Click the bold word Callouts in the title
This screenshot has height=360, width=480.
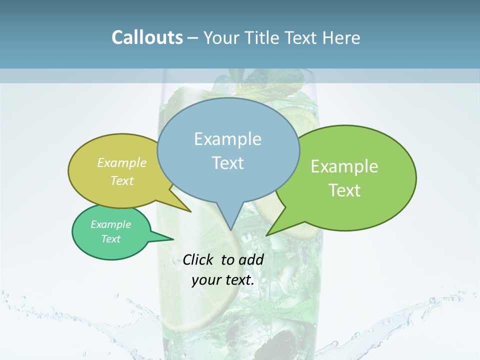(147, 37)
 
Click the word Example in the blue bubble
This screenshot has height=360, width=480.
(227, 139)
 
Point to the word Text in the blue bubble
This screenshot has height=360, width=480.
(227, 163)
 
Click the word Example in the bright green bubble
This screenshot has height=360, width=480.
(344, 166)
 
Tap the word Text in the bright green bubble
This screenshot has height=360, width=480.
(345, 190)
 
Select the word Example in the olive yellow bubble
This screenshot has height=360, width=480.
(122, 162)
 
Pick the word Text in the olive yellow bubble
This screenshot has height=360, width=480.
(122, 180)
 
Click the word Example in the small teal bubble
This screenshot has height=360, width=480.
(110, 224)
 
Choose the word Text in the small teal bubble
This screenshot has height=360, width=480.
(110, 239)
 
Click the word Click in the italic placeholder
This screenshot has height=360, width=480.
(199, 259)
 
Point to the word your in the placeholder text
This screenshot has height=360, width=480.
(206, 280)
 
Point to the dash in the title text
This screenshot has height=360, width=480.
(193, 38)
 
